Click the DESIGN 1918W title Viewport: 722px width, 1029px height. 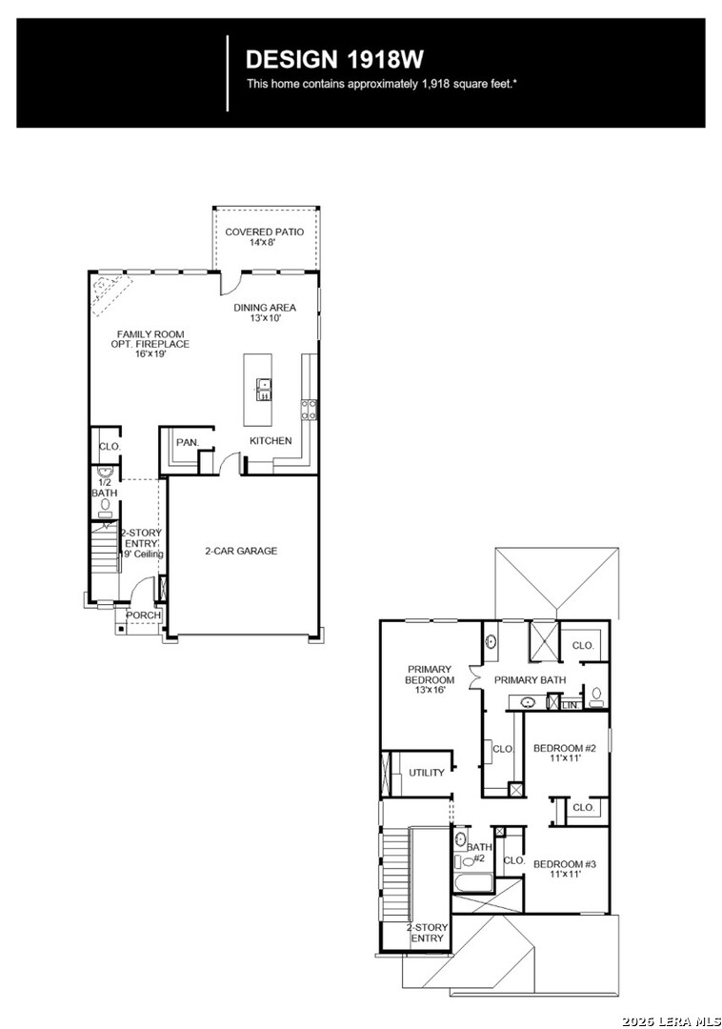pyautogui.click(x=334, y=59)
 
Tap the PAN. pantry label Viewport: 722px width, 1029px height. pyautogui.click(x=187, y=442)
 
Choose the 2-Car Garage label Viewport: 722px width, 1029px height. pyautogui.click(x=241, y=551)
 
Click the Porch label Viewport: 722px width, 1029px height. pyautogui.click(x=143, y=615)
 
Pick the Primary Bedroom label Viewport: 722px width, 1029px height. pyautogui.click(x=431, y=679)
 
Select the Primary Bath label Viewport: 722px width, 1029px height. pyautogui.click(x=530, y=679)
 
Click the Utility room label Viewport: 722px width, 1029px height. pyautogui.click(x=427, y=773)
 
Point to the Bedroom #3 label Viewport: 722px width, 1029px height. pyautogui.click(x=564, y=869)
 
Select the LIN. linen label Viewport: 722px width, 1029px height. pyautogui.click(x=570, y=704)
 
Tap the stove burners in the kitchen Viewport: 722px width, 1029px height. pyautogui.click(x=309, y=410)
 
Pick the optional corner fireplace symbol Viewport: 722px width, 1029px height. pyautogui.click(x=106, y=290)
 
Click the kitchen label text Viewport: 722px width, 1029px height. pyautogui.click(x=271, y=441)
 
